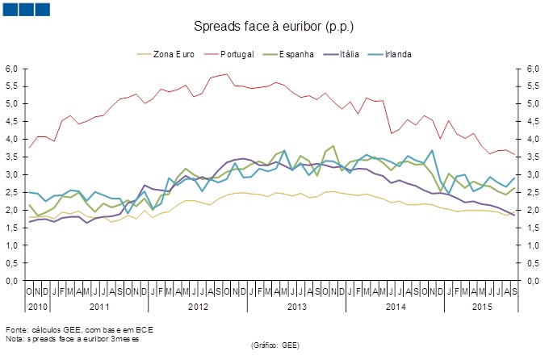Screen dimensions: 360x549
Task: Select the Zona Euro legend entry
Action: coord(170,54)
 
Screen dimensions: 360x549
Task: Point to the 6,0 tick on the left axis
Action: coord(12,69)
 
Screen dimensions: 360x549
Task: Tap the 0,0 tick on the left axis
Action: coord(12,281)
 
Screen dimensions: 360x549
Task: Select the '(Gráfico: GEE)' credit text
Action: coord(275,344)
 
